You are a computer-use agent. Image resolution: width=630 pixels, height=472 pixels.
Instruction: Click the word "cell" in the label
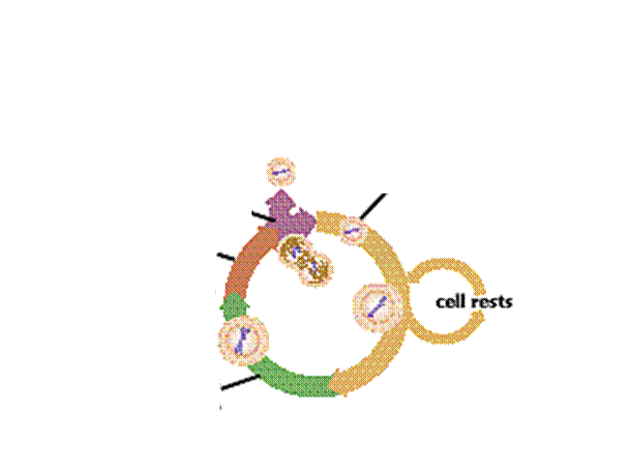[x=449, y=302]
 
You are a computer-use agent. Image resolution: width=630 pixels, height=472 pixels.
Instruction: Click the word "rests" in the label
[x=491, y=302]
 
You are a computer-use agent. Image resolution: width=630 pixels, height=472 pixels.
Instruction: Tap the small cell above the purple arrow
[x=281, y=172]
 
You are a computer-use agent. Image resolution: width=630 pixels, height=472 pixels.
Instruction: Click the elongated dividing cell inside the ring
[x=306, y=261]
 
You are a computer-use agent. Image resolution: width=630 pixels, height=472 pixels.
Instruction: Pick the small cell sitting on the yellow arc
[x=352, y=230]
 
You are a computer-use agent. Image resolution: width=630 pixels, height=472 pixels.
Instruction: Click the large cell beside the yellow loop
[x=377, y=308]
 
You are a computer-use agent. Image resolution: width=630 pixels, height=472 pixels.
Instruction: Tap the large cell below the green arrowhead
[x=243, y=340]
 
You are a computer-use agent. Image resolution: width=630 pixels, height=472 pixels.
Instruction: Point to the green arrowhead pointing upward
[x=234, y=306]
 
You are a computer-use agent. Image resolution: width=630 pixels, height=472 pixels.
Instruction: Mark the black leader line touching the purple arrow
[x=263, y=216]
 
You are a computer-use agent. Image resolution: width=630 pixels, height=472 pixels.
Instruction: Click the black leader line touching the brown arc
[x=226, y=256]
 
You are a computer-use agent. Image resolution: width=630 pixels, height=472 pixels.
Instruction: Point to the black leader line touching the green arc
[x=240, y=382]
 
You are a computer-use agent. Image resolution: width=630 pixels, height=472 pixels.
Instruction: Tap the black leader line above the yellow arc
[x=374, y=206]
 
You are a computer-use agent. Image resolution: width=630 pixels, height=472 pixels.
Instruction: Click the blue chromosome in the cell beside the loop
[x=377, y=308]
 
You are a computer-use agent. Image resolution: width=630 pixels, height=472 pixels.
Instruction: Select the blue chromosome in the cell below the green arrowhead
[x=243, y=340]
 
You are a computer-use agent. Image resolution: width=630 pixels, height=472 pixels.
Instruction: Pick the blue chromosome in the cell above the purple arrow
[x=281, y=173]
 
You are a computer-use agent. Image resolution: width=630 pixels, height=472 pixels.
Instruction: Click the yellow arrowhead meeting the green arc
[x=337, y=382]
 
